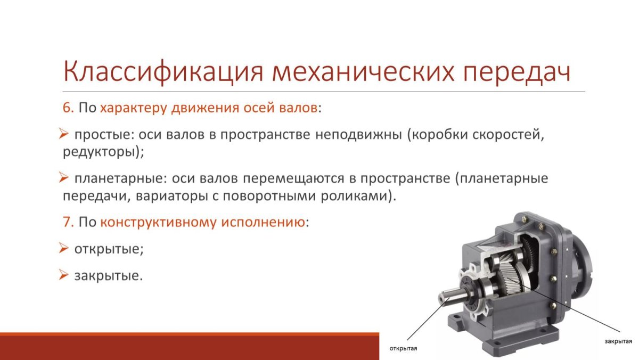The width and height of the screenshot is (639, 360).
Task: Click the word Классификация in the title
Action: click(162, 72)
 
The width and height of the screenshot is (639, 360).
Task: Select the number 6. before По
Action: click(68, 108)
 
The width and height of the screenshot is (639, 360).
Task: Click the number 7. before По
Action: click(68, 222)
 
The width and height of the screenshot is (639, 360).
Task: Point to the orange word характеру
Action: click(133, 109)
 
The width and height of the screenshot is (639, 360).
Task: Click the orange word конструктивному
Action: click(158, 223)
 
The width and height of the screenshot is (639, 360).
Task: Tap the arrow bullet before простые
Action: click(63, 134)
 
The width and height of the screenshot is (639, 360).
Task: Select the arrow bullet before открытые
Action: click(63, 248)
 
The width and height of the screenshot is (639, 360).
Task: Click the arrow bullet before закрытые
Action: click(63, 275)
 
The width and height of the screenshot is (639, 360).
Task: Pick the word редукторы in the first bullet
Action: click(99, 152)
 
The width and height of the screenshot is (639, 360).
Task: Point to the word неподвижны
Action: click(358, 135)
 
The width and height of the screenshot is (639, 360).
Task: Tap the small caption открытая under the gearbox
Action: click(403, 348)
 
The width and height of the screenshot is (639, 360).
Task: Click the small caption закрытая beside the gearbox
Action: click(618, 341)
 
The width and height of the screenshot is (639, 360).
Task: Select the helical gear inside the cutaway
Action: click(510, 277)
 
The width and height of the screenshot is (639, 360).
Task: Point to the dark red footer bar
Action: click(190, 346)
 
